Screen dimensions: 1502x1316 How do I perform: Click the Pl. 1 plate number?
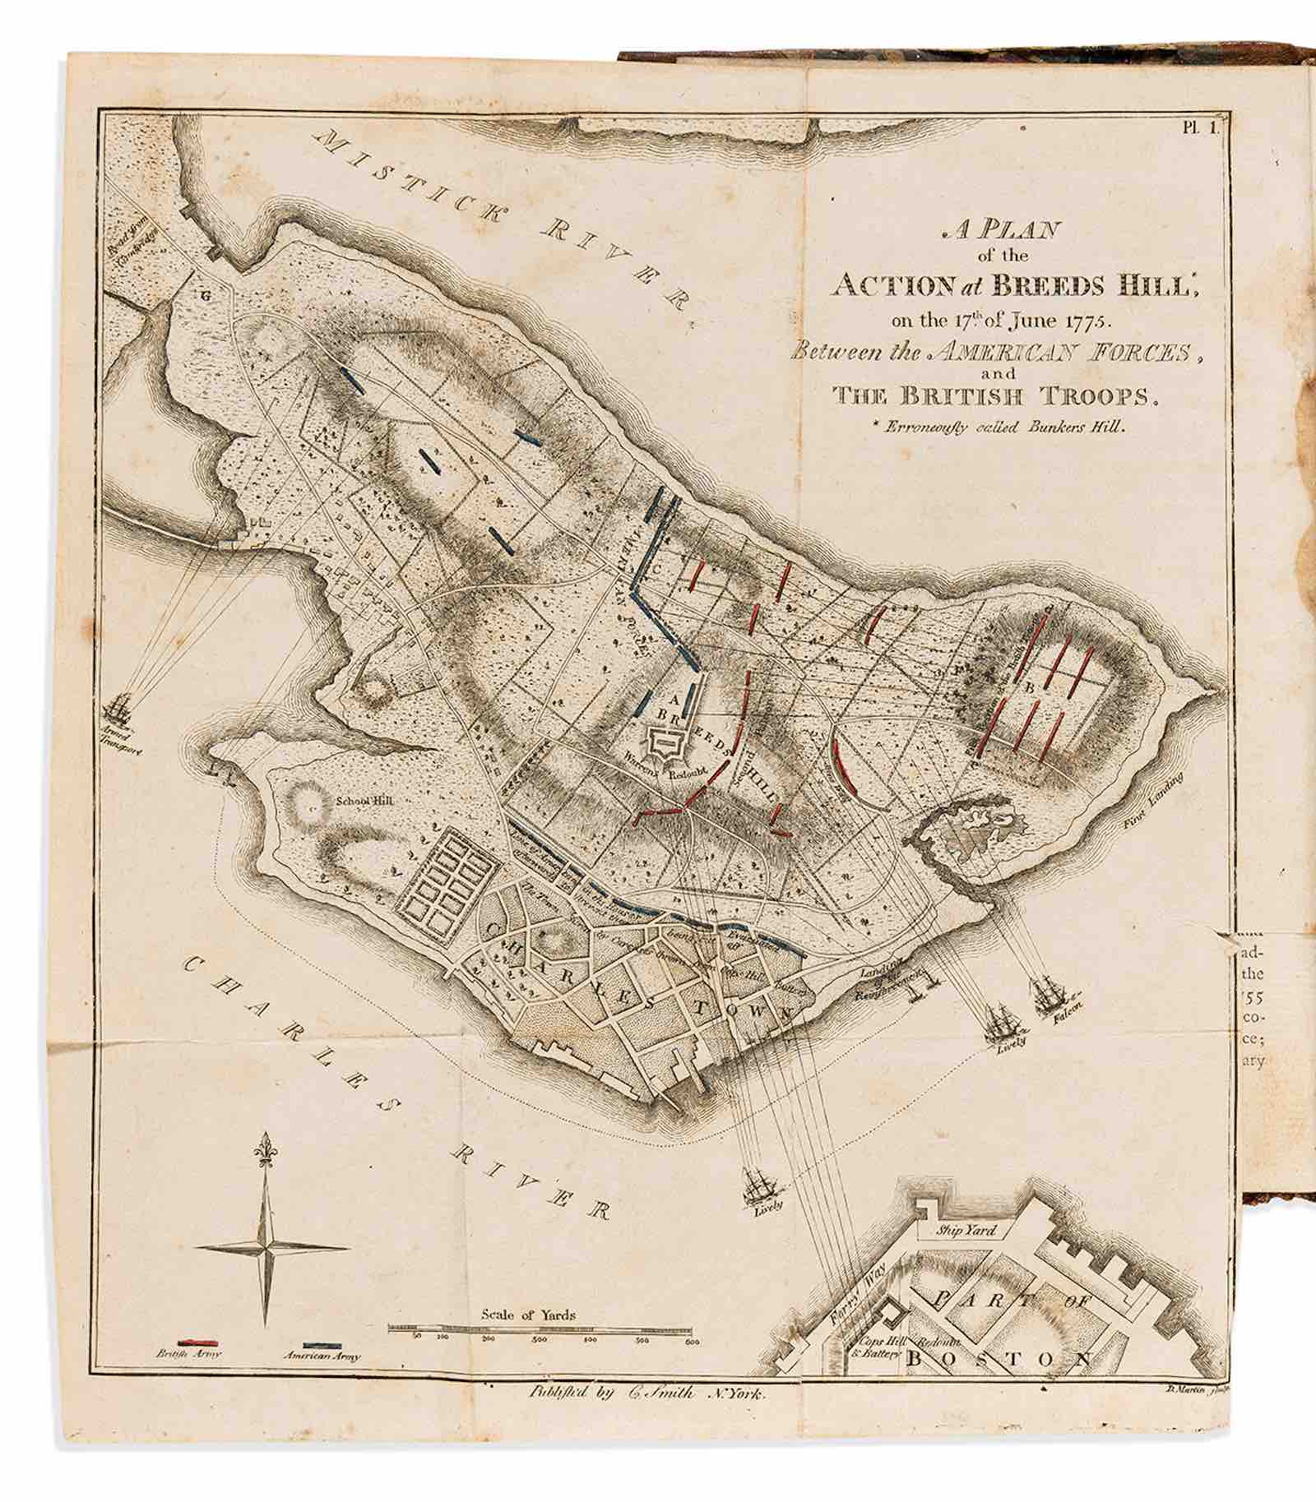point(1203,126)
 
